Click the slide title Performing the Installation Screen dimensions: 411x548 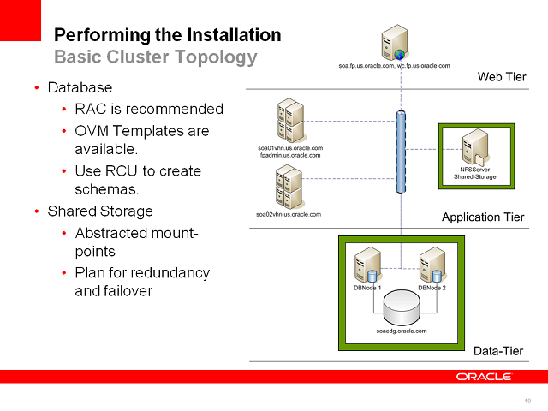[x=167, y=35]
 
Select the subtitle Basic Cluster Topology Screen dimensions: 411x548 [x=155, y=57]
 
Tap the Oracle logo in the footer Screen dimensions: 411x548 [x=484, y=377]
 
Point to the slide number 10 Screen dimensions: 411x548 [x=527, y=401]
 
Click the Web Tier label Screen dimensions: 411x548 [x=501, y=78]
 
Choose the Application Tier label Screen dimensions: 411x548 [x=482, y=217]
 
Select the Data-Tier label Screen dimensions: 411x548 [x=498, y=351]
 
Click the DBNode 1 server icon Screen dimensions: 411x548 [x=368, y=265]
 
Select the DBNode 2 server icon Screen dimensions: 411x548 [x=432, y=265]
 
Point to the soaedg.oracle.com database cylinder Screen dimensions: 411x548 [x=401, y=307]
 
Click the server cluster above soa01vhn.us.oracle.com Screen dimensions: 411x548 [x=290, y=121]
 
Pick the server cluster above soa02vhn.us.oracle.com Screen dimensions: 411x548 [x=289, y=185]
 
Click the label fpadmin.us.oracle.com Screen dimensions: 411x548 [x=289, y=156]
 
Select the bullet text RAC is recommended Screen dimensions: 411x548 [x=149, y=109]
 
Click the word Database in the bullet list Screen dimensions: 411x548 [x=80, y=87]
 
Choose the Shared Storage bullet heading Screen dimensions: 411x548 [x=100, y=211]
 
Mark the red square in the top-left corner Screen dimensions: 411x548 [x=21, y=21]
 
